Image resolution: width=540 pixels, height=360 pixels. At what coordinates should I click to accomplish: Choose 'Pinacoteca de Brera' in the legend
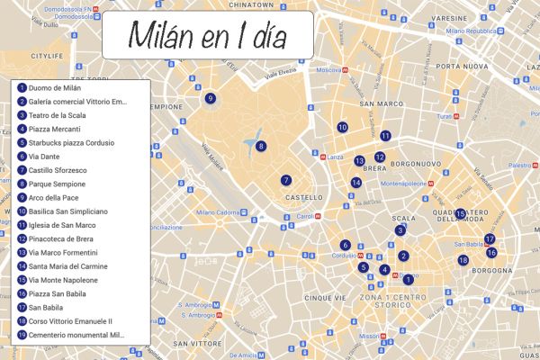(61, 238)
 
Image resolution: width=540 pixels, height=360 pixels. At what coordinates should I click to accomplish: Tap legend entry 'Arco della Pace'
(55, 197)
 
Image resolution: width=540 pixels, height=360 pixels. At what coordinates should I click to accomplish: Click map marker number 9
(210, 98)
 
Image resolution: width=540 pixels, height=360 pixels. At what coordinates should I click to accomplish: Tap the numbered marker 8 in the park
(261, 146)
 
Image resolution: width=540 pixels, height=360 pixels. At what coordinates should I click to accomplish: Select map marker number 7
(285, 180)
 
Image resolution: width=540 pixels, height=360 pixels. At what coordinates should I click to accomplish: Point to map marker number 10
(342, 128)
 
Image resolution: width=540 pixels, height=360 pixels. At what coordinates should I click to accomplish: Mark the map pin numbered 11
(384, 136)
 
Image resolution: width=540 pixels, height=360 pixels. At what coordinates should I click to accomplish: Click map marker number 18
(463, 260)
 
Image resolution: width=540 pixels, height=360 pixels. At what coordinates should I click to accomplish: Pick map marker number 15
(460, 214)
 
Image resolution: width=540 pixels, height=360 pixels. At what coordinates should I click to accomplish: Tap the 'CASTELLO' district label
(303, 197)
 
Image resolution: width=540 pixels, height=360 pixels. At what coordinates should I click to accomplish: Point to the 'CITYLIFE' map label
(48, 56)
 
